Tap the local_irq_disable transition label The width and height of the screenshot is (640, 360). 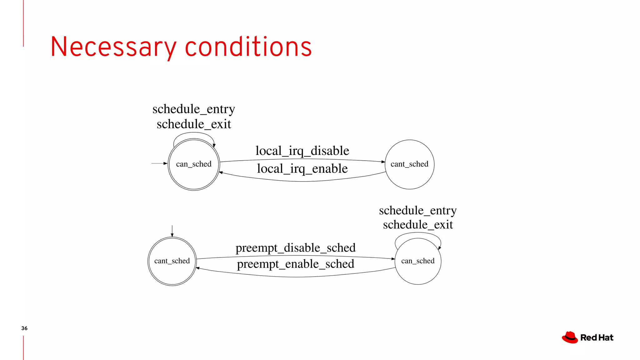tap(302, 151)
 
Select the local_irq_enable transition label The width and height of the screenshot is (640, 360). tap(302, 169)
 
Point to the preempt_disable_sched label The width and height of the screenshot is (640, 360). tap(295, 248)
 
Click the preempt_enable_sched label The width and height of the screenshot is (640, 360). tap(295, 264)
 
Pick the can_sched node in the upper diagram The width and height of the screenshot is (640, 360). tap(194, 164)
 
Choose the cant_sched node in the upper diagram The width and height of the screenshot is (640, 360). tap(409, 164)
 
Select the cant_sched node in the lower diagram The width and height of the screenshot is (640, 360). tap(172, 261)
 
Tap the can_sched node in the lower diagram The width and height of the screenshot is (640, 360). tap(418, 261)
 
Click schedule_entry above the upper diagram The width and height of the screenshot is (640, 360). tap(194, 109)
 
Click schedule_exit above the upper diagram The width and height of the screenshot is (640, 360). tap(194, 124)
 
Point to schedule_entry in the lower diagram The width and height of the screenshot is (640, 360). tap(418, 211)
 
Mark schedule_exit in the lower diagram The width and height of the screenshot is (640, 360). tap(418, 225)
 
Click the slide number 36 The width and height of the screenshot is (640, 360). tap(24, 328)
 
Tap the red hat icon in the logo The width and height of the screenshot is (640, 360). tap(570, 337)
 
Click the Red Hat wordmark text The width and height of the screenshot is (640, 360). tap(597, 338)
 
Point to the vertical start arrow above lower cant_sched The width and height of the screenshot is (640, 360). tap(172, 231)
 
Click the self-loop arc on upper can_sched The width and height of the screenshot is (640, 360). tap(194, 133)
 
